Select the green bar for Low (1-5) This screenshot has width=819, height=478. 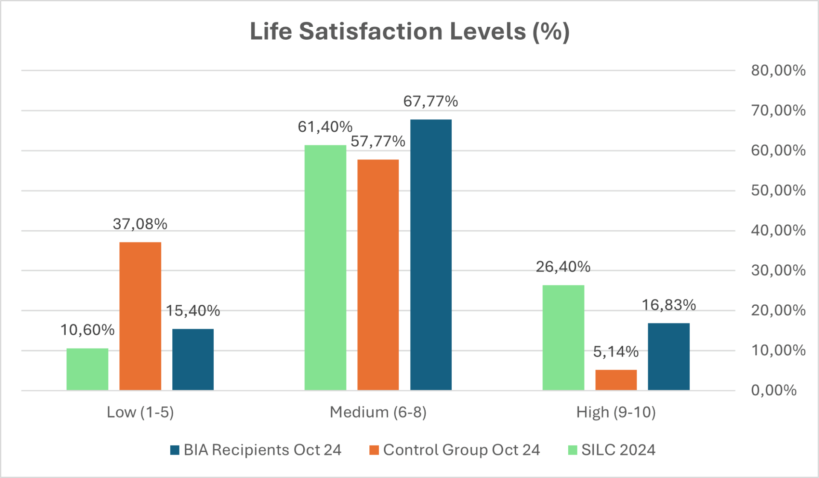click(87, 369)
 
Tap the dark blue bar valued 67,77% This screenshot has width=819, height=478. click(431, 255)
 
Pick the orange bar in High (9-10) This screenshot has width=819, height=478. click(616, 380)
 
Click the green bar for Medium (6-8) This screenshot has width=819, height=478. click(325, 267)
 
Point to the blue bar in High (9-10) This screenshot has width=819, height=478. click(668, 356)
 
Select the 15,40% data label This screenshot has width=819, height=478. click(193, 311)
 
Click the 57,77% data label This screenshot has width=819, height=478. click(378, 141)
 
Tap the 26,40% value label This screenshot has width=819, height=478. click(563, 267)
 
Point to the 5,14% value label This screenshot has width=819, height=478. click(616, 352)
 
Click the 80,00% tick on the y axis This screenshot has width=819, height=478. click(778, 70)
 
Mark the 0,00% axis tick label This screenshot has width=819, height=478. click(774, 390)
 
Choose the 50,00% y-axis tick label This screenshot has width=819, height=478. click(778, 190)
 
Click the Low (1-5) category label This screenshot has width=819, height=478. click(140, 412)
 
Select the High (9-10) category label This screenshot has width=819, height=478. click(616, 412)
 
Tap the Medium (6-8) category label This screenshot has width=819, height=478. click(378, 412)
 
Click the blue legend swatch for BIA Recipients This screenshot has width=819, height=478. click(174, 450)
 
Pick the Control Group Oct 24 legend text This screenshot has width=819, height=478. click(462, 450)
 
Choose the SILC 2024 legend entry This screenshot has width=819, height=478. click(618, 450)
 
